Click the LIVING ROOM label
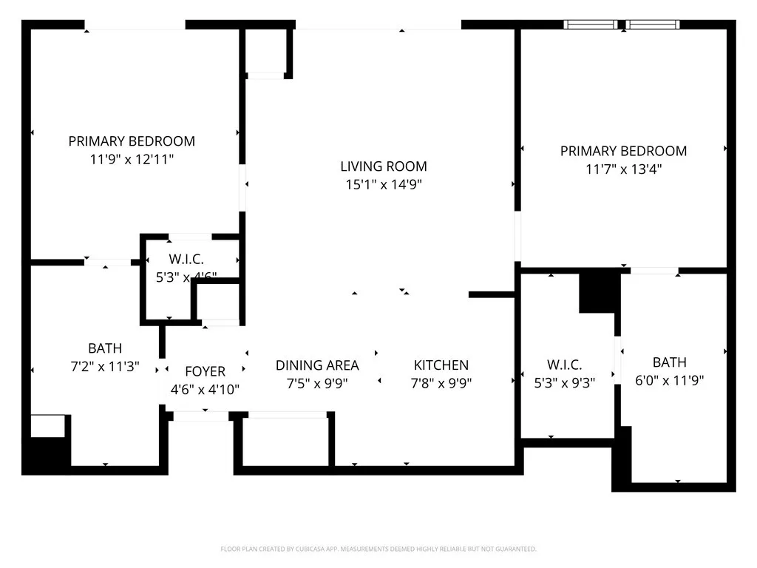[x=383, y=166]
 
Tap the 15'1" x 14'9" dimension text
[x=383, y=185]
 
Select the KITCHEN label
[x=441, y=365]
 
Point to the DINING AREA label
[x=317, y=365]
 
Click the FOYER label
[x=205, y=371]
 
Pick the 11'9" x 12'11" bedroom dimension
[x=132, y=159]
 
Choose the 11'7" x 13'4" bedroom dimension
[x=623, y=169]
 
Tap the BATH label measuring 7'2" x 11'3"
[x=105, y=348]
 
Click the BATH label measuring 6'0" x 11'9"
[x=669, y=362]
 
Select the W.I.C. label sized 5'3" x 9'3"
[x=565, y=365]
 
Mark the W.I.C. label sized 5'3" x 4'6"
[x=181, y=260]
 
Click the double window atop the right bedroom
[x=622, y=24]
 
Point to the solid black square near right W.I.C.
[x=599, y=292]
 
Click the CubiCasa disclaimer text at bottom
[x=378, y=549]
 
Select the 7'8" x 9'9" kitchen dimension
[x=441, y=383]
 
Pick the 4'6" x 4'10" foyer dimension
[x=205, y=390]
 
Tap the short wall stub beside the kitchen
[x=491, y=294]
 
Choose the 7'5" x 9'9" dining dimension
[x=317, y=383]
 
